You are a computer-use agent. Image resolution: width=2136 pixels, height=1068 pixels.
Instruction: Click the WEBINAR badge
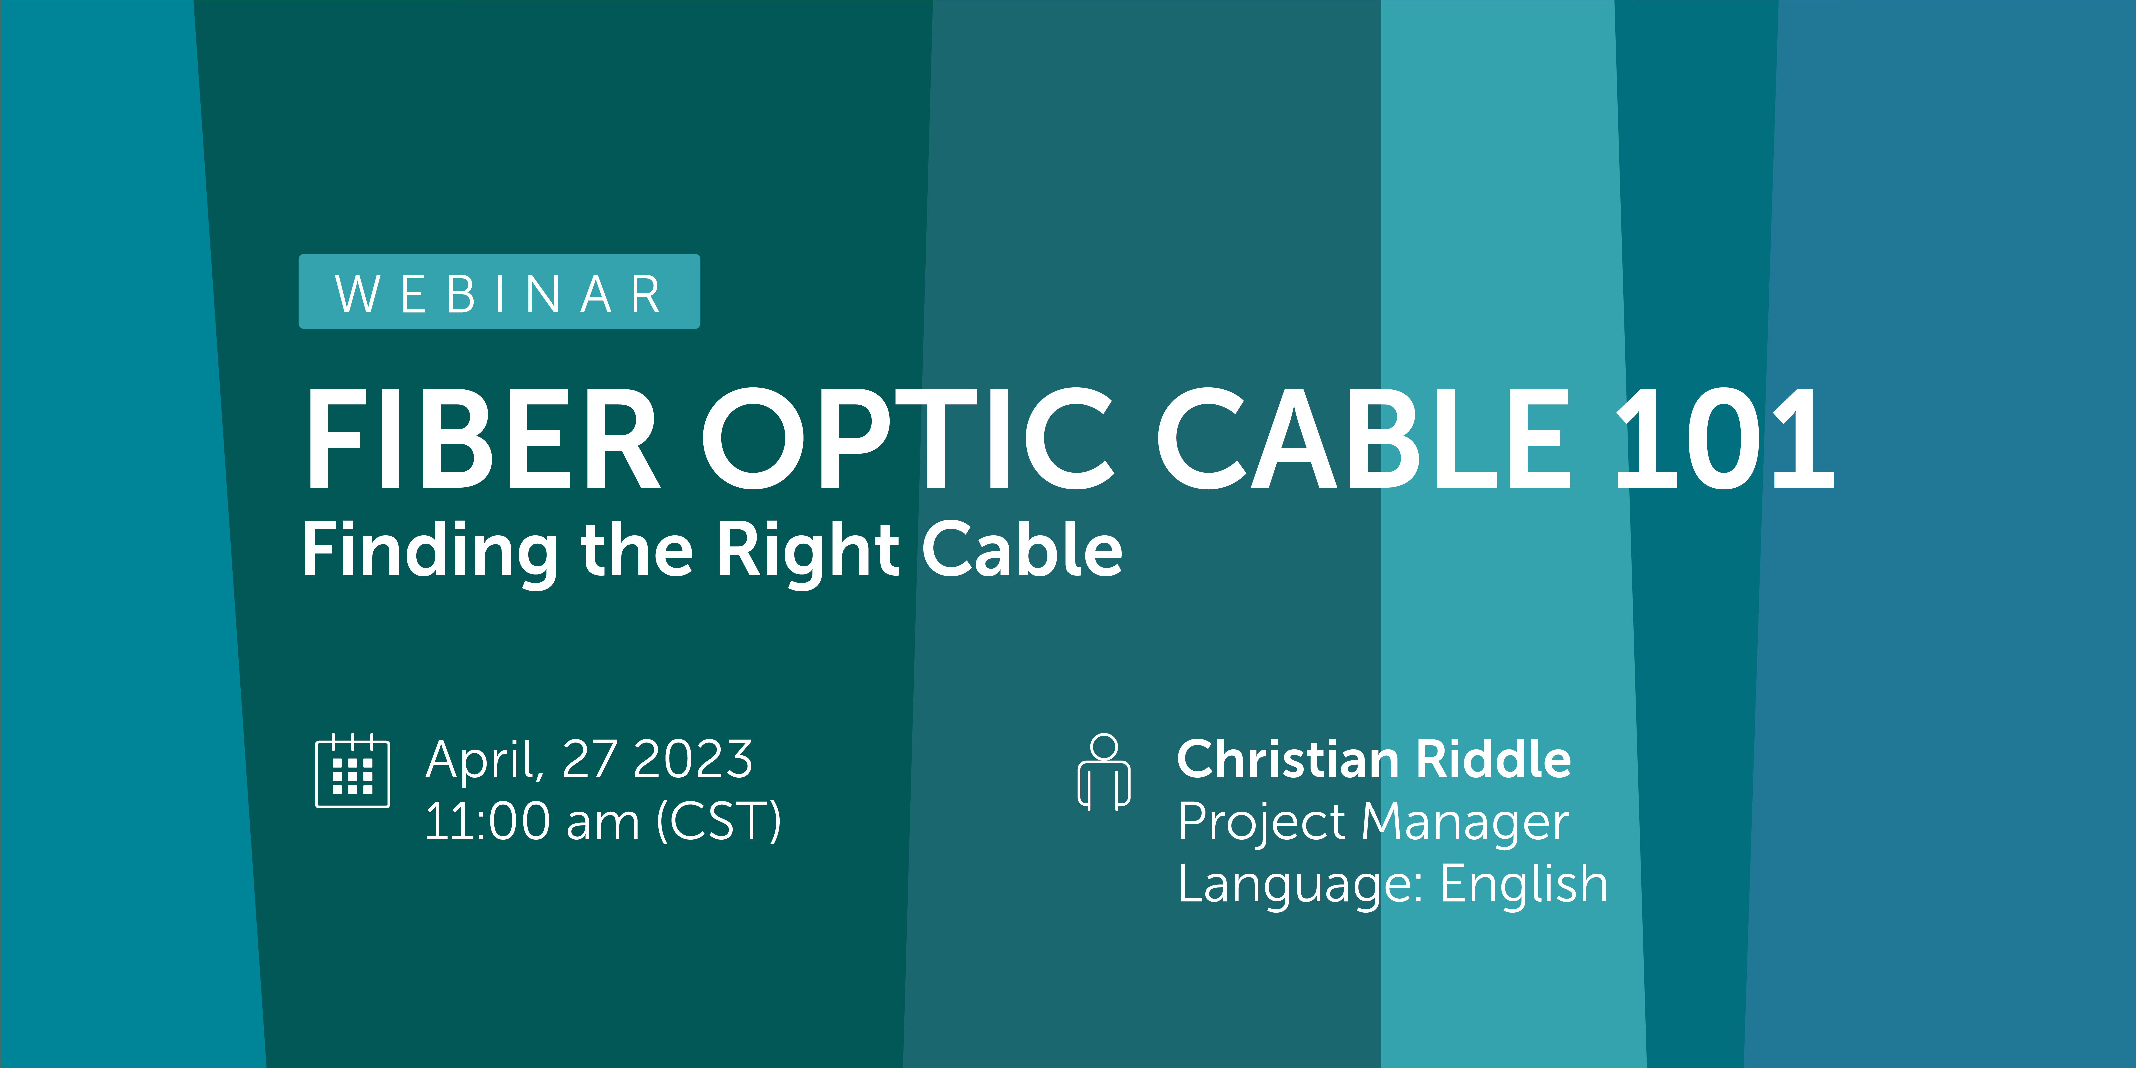click(499, 292)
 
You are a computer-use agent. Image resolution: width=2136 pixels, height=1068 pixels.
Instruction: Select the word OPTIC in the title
click(908, 439)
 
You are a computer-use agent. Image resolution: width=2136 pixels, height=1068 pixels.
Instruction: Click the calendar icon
click(352, 771)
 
